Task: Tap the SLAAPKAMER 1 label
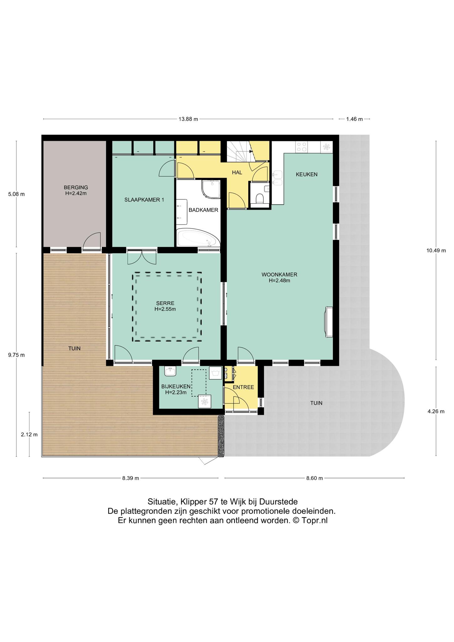click(x=144, y=200)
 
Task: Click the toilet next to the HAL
click(x=259, y=199)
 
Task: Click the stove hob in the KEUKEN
click(x=302, y=147)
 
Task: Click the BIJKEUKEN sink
click(x=170, y=371)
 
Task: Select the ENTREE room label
click(x=243, y=387)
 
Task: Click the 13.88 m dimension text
click(x=188, y=119)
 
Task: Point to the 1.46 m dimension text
click(x=354, y=119)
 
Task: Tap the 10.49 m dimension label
click(x=436, y=250)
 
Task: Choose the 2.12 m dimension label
click(x=29, y=434)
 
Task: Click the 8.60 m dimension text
click(x=314, y=478)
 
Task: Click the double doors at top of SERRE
click(x=142, y=257)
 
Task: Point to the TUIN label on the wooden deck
click(x=75, y=348)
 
